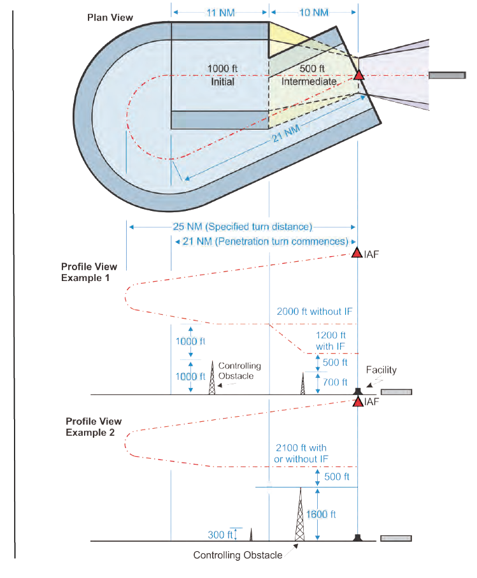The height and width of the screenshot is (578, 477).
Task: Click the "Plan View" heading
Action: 110,17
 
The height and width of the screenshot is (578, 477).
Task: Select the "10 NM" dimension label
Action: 313,12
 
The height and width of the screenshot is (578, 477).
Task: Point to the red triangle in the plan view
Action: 359,75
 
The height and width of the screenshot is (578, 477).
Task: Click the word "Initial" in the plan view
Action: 222,82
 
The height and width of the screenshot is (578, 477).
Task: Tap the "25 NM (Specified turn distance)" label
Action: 242,226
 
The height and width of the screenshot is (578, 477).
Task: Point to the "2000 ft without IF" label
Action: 315,312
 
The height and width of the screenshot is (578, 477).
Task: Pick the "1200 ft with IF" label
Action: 331,340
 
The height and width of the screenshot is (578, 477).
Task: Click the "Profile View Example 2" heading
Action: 94,427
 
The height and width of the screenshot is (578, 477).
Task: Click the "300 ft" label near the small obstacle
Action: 220,535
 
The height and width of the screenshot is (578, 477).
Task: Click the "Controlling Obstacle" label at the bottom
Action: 238,555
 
